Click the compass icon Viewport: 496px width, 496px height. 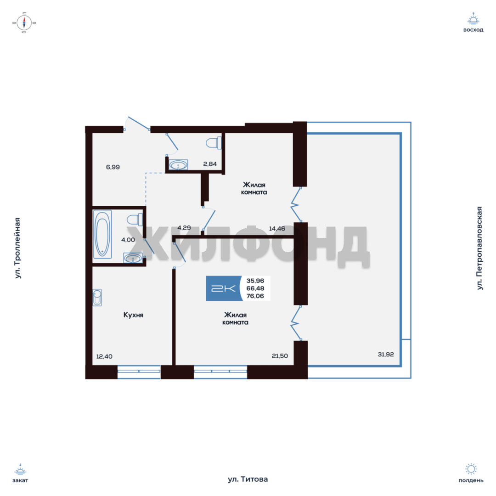24,23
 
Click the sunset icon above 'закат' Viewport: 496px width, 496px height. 20,470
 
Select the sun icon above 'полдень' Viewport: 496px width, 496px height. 471,469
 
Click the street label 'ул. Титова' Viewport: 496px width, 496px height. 248,479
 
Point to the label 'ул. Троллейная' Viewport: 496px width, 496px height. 18,248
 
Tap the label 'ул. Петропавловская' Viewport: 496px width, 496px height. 479,248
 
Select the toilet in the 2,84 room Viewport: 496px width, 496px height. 214,143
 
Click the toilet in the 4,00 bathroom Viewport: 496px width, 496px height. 135,220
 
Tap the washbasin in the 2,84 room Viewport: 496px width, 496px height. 178,164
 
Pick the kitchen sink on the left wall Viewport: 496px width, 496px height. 97,297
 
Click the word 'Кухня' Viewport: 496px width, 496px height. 133,315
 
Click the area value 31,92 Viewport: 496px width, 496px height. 386,354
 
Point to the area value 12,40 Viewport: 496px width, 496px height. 104,356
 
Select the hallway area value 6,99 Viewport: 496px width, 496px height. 113,167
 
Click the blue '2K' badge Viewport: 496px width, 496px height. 223,288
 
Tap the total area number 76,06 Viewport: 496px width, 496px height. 255,296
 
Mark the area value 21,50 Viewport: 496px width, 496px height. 280,356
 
